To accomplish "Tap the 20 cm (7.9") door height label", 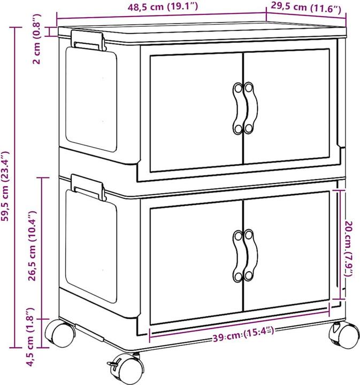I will [x=348, y=242].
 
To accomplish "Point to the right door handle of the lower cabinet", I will [x=250, y=255].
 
